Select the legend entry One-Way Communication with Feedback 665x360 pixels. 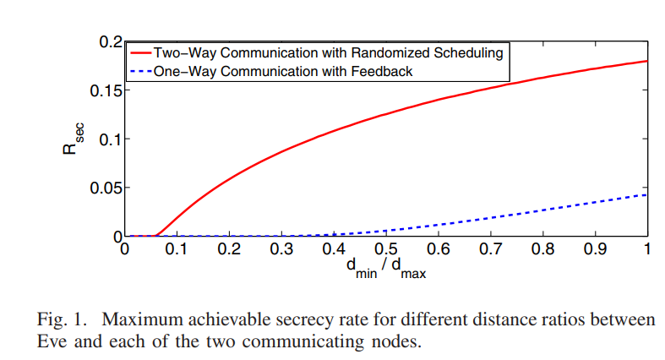coord(283,72)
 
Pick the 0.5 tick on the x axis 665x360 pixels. coord(386,250)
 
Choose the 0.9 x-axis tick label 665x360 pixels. coord(595,250)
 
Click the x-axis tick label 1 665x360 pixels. coord(647,250)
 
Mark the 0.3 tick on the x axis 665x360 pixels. coord(281,250)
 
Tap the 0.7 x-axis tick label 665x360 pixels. coord(490,250)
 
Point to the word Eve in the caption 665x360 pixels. coord(52,342)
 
